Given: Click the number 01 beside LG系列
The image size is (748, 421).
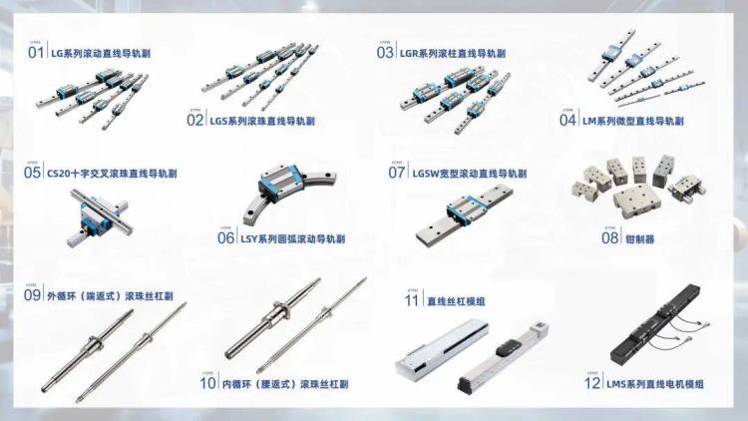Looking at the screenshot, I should [x=37, y=51].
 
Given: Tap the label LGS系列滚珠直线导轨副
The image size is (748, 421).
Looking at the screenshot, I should [x=262, y=120].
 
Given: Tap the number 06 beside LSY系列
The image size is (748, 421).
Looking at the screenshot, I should [x=226, y=238].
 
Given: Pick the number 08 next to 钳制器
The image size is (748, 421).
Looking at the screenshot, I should [x=610, y=238].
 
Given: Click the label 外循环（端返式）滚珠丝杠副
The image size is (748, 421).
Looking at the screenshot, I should [x=111, y=296].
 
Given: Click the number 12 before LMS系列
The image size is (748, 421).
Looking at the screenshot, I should [x=592, y=383].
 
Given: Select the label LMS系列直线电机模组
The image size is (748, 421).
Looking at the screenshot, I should [x=657, y=383].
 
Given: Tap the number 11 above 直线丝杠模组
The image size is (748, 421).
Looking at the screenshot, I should [x=411, y=299].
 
